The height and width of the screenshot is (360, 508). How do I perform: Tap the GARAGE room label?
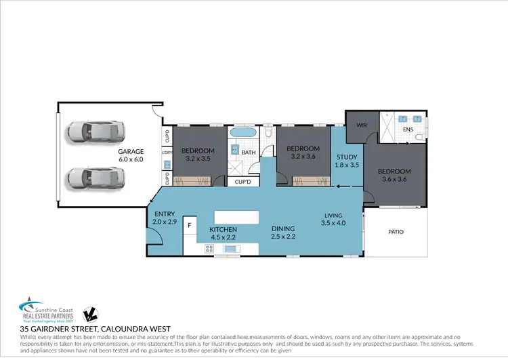click(x=131, y=151)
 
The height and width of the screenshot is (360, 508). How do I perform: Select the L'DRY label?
click(x=167, y=153)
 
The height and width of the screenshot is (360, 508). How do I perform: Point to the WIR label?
click(x=361, y=125)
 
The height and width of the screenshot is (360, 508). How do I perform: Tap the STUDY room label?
click(x=346, y=157)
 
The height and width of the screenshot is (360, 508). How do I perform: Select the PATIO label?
click(x=396, y=232)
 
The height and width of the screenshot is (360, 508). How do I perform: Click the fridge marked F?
click(x=190, y=224)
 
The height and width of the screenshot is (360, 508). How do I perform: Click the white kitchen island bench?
click(x=236, y=216)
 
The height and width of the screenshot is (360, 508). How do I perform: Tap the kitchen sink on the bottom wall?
click(x=231, y=249)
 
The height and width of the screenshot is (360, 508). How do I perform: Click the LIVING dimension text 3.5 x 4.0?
click(x=333, y=222)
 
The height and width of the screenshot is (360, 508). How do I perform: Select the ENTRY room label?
click(x=165, y=214)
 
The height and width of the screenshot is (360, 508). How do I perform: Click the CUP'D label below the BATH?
click(x=243, y=182)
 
